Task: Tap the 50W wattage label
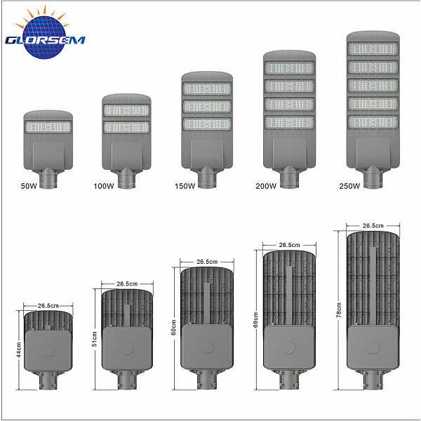[x=29, y=186]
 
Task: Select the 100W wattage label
[x=104, y=186]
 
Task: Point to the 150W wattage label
[x=185, y=186]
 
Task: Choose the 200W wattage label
[x=266, y=186]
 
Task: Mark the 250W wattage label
[x=349, y=186]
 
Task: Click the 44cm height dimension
[x=18, y=350]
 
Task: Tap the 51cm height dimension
[x=95, y=339]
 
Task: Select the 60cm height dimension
[x=173, y=328]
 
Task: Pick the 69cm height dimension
[x=255, y=320]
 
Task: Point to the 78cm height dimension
[x=339, y=310]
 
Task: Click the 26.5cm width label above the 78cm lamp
[x=373, y=226]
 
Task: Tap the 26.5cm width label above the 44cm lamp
[x=48, y=305]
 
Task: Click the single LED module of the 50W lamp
[x=48, y=127]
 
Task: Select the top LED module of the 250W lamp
[x=373, y=48]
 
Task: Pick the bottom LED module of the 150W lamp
[x=207, y=124]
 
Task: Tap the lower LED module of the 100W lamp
[x=126, y=127]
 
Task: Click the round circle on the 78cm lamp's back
[x=373, y=347]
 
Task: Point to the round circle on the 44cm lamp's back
[x=48, y=351]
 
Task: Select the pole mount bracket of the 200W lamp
[x=289, y=178]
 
